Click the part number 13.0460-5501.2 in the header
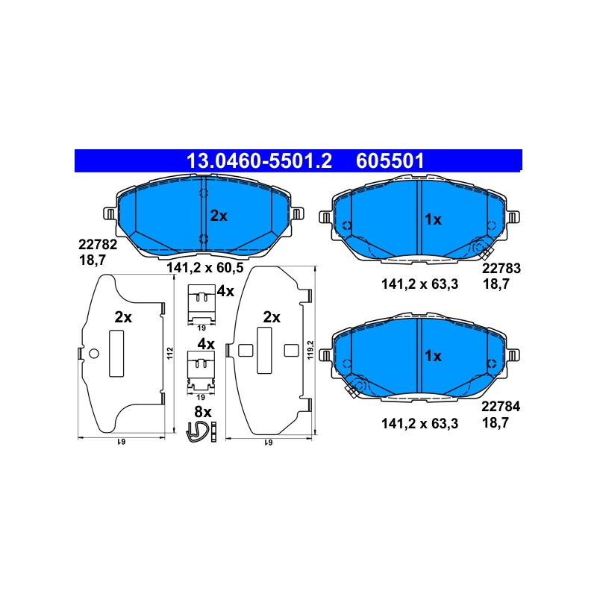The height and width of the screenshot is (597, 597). pos(259,160)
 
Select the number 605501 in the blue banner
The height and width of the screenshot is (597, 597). pos(390,160)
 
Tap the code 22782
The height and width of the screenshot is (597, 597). pos(98,245)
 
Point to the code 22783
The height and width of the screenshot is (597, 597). pos(501,269)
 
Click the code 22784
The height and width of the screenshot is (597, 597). pos(500,407)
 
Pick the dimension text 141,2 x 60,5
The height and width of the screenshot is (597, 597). pos(204,268)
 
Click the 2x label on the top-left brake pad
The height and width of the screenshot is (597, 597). pos(219,216)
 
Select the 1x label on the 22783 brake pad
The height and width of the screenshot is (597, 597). pos(433,219)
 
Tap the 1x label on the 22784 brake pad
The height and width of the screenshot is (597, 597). pos(433,356)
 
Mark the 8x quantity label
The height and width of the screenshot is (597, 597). pos(202,412)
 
